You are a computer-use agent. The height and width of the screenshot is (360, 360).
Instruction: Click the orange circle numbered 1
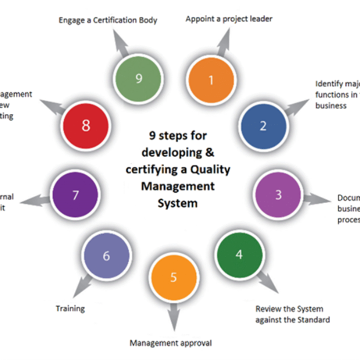tap(211, 80)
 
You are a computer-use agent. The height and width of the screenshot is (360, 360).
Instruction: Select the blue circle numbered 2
tap(263, 126)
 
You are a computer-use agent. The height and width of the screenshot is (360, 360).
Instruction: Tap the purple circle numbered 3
tap(278, 194)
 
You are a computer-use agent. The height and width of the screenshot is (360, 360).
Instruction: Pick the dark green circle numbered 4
tap(239, 255)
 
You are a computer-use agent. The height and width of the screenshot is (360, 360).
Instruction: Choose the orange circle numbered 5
tap(173, 277)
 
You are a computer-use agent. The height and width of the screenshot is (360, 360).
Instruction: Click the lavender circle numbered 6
tap(106, 256)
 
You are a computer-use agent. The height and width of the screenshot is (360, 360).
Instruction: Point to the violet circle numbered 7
tap(75, 196)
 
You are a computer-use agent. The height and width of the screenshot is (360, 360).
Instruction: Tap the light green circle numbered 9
tap(139, 79)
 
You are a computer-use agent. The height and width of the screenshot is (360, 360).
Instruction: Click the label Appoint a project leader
tap(229, 19)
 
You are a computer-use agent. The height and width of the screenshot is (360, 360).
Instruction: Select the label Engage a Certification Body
tap(108, 21)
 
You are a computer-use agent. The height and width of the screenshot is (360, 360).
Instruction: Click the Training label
tap(70, 308)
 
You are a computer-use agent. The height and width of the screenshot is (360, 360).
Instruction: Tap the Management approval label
tap(171, 343)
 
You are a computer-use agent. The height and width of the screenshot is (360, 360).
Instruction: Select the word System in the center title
tap(177, 203)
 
